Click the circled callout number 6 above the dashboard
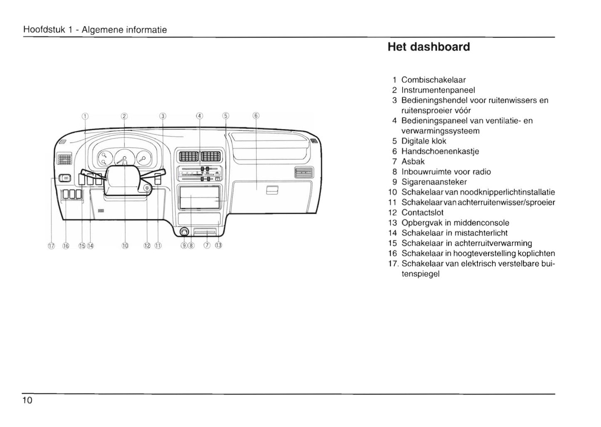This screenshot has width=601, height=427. pyautogui.click(x=256, y=116)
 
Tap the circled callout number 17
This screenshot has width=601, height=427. pyautogui.click(x=52, y=246)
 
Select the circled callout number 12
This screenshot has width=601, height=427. pyautogui.click(x=147, y=246)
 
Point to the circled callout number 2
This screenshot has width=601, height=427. pyautogui.click(x=124, y=116)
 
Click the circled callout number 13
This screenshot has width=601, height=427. pyautogui.click(x=218, y=245)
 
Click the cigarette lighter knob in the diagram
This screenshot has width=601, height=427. pyautogui.click(x=183, y=232)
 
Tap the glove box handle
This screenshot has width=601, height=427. pyautogui.click(x=271, y=190)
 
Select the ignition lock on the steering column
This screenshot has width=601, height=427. pyautogui.click(x=147, y=189)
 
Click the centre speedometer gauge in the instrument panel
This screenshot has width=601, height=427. pyautogui.click(x=124, y=159)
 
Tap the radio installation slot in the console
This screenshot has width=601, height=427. pyautogui.click(x=199, y=198)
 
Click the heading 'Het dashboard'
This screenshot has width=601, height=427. pyautogui.click(x=428, y=47)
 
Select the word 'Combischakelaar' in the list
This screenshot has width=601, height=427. pyautogui.click(x=433, y=80)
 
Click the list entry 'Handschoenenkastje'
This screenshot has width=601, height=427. pyautogui.click(x=440, y=151)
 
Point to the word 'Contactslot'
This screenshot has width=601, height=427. pyautogui.click(x=422, y=213)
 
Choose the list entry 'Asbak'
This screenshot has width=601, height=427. pyautogui.click(x=413, y=161)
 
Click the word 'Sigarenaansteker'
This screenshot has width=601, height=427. pyautogui.click(x=434, y=182)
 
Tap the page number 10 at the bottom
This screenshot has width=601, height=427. pyautogui.click(x=28, y=400)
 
